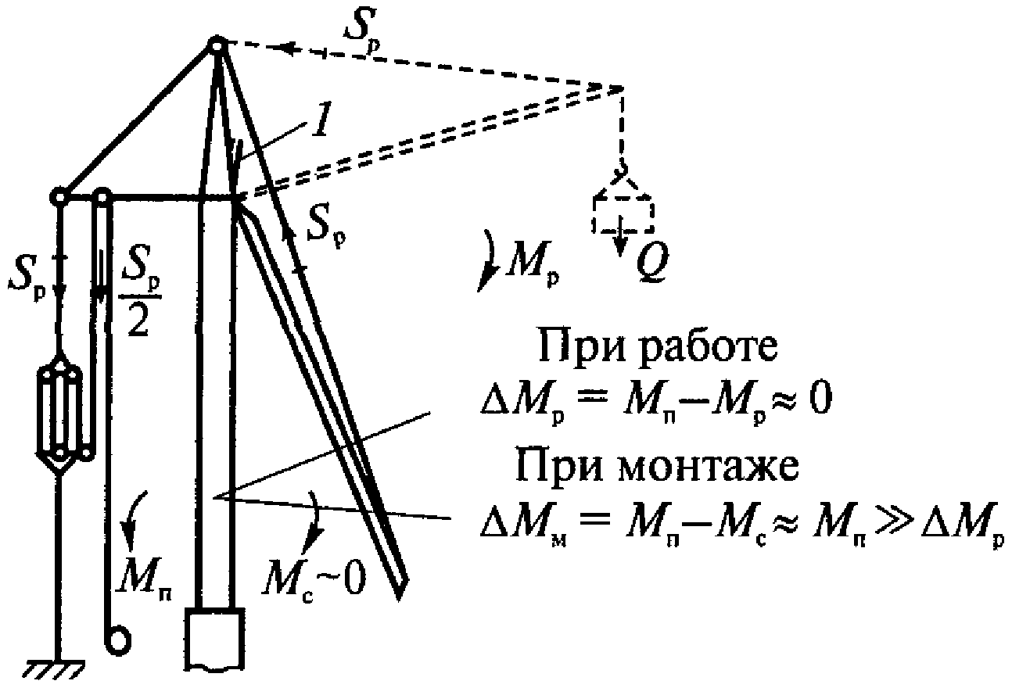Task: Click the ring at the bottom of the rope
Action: coord(118,640)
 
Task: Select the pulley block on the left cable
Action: coord(59,410)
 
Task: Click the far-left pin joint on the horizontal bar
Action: coord(59,195)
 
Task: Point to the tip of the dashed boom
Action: coord(623,87)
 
